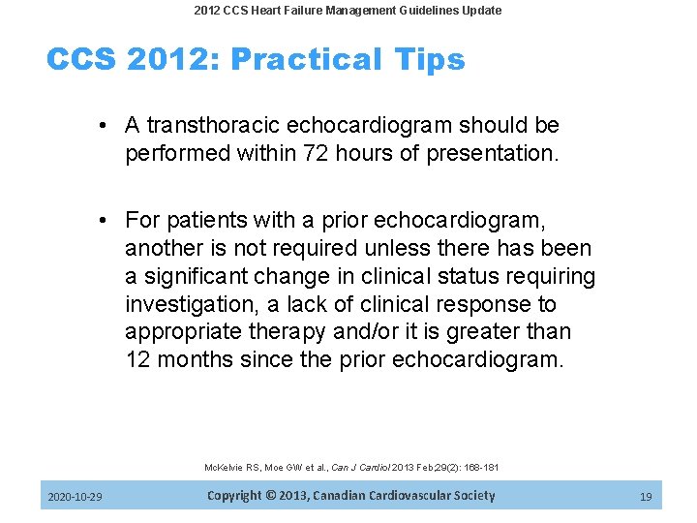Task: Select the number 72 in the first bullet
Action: (x=314, y=153)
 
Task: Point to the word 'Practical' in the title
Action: (x=301, y=60)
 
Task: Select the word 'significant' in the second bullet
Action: (x=200, y=277)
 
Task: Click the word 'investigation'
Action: (x=190, y=304)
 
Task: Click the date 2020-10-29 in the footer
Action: (x=76, y=497)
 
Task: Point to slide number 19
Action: (x=646, y=497)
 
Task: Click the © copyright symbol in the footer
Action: (x=275, y=496)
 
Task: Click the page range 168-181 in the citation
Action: (x=479, y=468)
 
